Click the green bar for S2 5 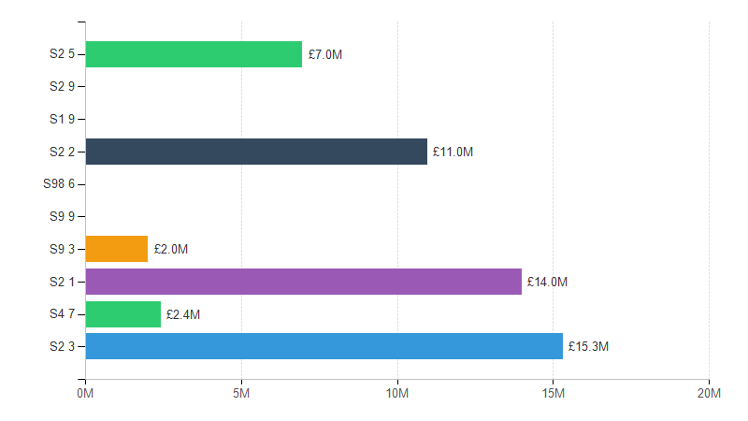pos(194,54)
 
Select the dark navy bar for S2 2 pos(256,152)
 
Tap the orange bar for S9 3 pos(117,249)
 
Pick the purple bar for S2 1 pos(303,282)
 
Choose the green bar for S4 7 pos(122,314)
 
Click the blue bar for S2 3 pos(324,346)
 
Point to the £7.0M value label pos(325,54)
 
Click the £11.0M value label pos(453,152)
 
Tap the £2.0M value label pos(171,249)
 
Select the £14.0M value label pos(547,282)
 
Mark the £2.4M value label pos(183,314)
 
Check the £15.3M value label pos(588,346)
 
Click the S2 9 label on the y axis pos(62,87)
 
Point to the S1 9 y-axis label pos(62,119)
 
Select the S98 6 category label pos(59,184)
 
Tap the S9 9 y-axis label pos(62,217)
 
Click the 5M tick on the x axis pos(241,394)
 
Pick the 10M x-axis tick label pos(397,394)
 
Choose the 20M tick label pos(709,394)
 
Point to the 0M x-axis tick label pos(85,394)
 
